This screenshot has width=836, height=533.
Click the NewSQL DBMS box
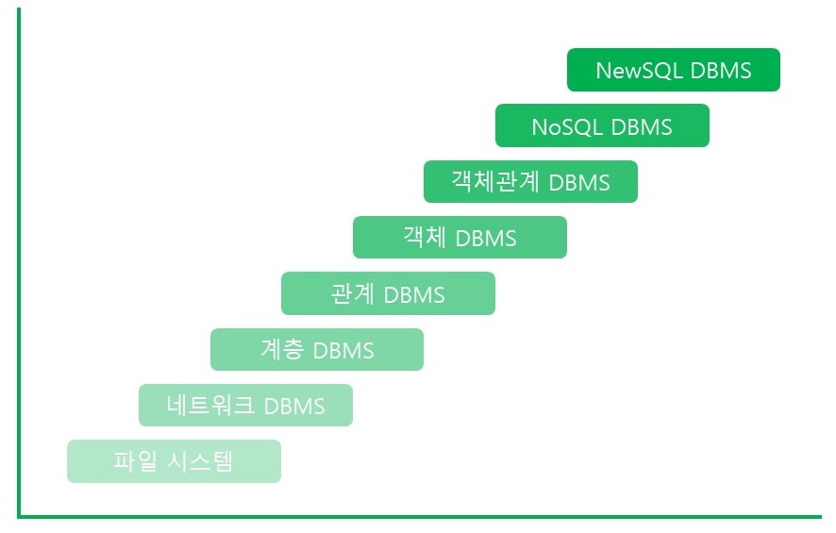click(x=673, y=70)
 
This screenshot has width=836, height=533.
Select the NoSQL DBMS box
click(x=602, y=125)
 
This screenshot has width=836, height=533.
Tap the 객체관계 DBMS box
click(x=530, y=181)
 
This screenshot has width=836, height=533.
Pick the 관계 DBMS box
click(x=388, y=293)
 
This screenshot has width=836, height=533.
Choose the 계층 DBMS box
click(x=316, y=349)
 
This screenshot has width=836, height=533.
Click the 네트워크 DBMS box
click(x=245, y=405)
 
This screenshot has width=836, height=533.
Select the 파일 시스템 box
click(x=174, y=461)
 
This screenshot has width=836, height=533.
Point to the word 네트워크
click(x=210, y=406)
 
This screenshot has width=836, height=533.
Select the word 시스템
click(x=198, y=461)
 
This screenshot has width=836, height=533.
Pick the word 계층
click(x=281, y=349)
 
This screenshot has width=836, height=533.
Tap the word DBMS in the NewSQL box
click(x=721, y=71)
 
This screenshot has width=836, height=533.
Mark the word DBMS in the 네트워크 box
click(x=294, y=406)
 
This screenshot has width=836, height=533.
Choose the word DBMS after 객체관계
click(x=579, y=182)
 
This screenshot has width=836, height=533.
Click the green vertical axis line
click(x=19, y=264)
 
